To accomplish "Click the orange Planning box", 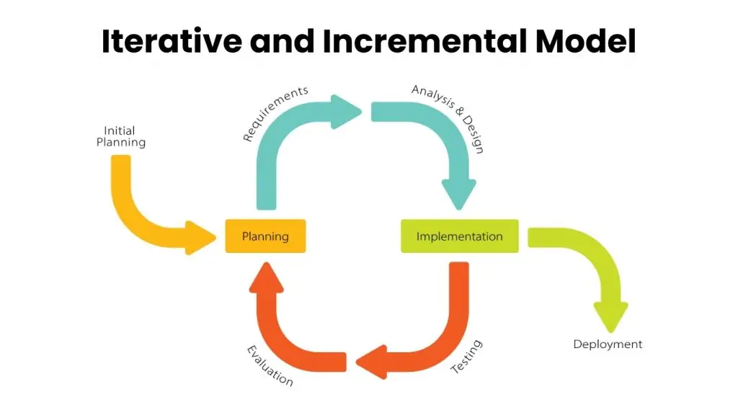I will click(265, 236).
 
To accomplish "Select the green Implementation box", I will click(459, 236).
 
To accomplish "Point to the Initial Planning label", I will click(120, 136).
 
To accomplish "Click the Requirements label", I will click(275, 113).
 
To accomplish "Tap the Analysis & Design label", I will click(448, 118).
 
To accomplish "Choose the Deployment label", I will click(608, 344).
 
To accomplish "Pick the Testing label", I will click(466, 357).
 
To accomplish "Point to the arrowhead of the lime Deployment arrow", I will click(610, 316).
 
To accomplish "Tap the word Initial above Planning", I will click(120, 130).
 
